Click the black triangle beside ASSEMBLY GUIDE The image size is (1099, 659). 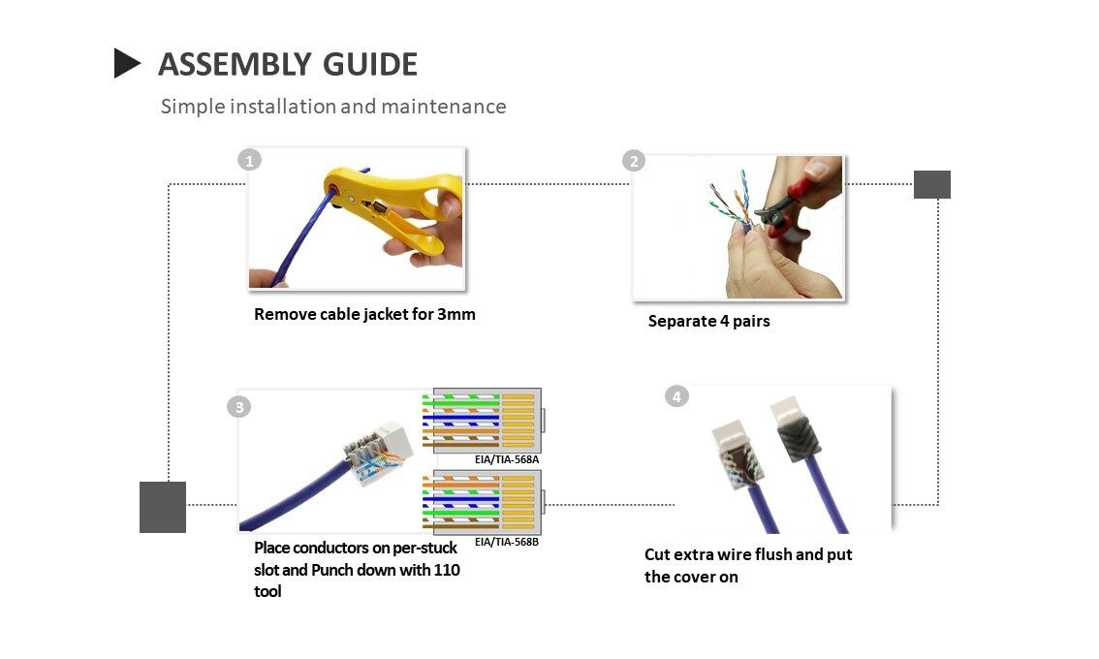point(126,63)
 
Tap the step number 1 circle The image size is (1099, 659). point(250,160)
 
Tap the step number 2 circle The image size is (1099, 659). point(634,161)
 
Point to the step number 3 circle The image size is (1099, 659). point(238,406)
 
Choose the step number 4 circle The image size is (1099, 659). point(676,396)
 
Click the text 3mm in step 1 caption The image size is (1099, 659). point(455,314)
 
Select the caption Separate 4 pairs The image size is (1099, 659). point(708,321)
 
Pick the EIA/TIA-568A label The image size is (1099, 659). point(506,459)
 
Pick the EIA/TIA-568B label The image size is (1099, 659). point(506,542)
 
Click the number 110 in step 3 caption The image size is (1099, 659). point(446,570)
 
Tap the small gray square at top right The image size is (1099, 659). point(931,184)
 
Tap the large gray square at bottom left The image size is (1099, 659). point(163,507)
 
